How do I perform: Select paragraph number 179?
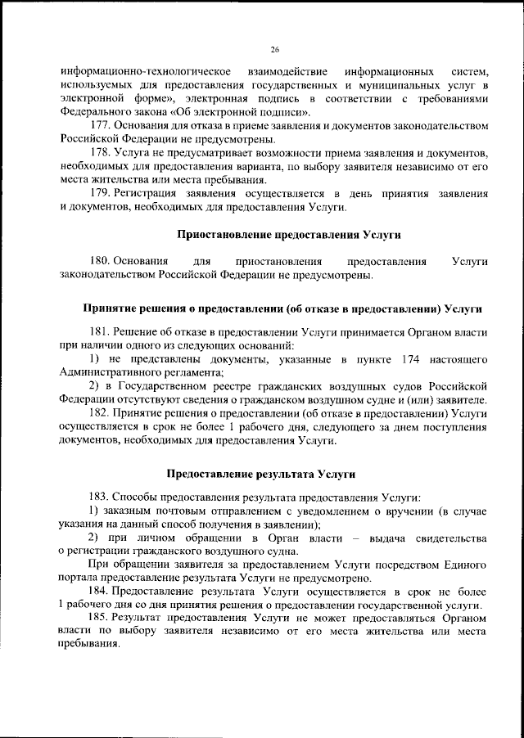coord(100,193)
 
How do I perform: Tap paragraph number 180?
coord(100,261)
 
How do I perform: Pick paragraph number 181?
coord(100,333)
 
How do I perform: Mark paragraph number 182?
coord(100,414)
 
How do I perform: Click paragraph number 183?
coord(100,497)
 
